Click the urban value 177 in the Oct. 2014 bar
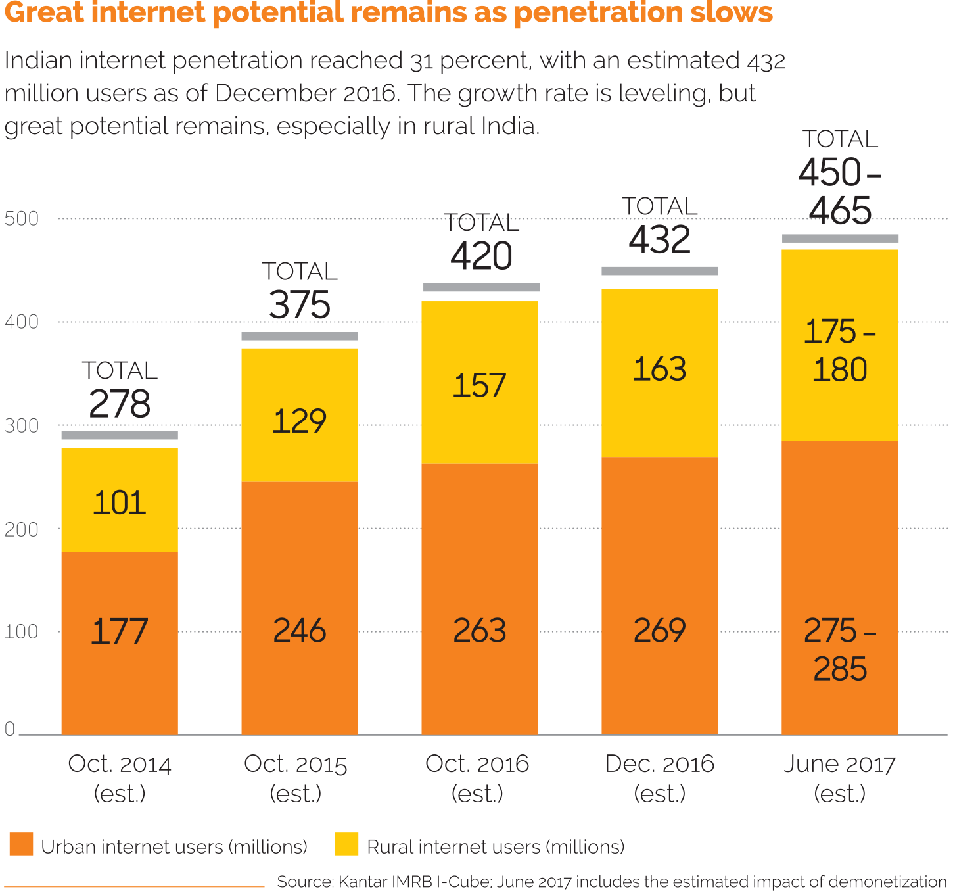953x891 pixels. pos(119,631)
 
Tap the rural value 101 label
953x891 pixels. pos(119,503)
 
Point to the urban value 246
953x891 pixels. pos(299,631)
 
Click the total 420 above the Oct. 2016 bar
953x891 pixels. pos(481,256)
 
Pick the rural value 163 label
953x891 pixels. pos(659,369)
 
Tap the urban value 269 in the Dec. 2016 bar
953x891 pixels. pos(659,631)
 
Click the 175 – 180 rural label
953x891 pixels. pos(839,350)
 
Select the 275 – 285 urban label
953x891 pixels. pos(839,650)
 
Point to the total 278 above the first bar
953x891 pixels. pos(119,404)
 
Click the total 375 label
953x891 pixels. pos(299,305)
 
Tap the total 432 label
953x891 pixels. pos(659,239)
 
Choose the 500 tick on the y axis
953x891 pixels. pos(22,218)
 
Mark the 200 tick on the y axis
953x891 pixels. pos(22,529)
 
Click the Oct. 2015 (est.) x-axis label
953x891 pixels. pos(296,779)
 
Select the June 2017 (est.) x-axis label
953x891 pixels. pos(839,779)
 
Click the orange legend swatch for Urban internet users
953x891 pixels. pos(21,844)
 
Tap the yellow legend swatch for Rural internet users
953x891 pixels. pos(346,844)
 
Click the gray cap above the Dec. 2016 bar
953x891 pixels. pos(659,271)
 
